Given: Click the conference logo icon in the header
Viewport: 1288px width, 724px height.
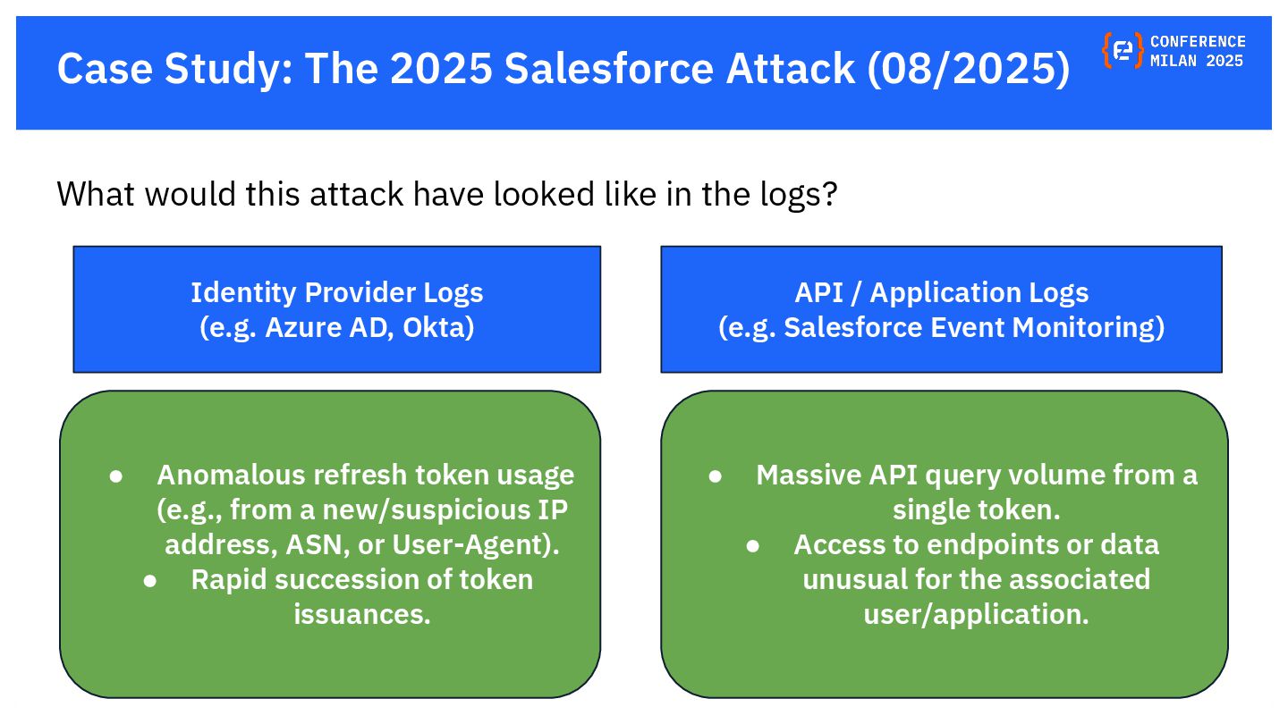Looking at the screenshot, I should [x=1123, y=51].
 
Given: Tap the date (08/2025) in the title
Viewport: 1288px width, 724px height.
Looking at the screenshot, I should [x=968, y=69].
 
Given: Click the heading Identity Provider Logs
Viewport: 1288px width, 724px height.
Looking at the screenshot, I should [x=336, y=292].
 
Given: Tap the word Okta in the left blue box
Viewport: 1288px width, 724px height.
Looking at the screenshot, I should [x=438, y=327].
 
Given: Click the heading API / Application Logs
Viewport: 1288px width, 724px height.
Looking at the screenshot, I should [x=941, y=292].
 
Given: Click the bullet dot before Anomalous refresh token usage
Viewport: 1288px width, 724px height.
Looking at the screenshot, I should [x=115, y=476].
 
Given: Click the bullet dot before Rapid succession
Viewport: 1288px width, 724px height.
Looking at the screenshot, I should [x=150, y=580].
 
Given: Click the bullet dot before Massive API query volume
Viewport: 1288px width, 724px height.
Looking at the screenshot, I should [x=715, y=476].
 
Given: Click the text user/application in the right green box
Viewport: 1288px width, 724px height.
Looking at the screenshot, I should [x=975, y=614].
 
